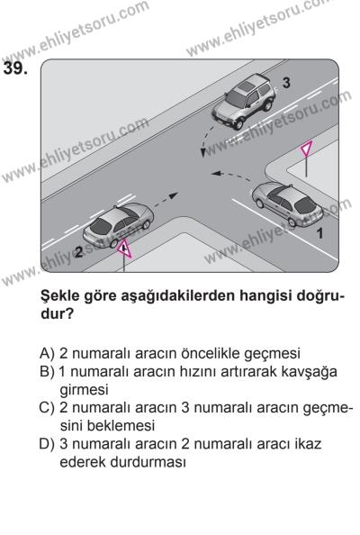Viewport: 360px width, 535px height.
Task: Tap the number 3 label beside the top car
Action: (x=285, y=82)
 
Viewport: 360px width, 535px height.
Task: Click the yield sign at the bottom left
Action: (x=123, y=249)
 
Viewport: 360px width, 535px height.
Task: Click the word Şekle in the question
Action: (x=63, y=295)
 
